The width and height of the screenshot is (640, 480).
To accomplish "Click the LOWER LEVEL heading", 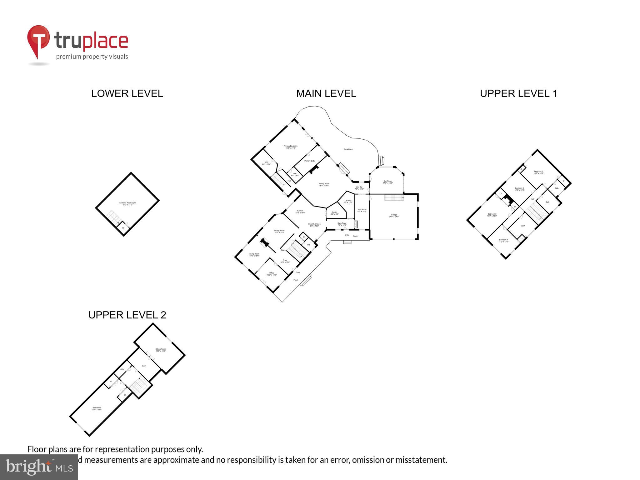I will [127, 93].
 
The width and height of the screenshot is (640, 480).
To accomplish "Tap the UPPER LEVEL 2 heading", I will [127, 315].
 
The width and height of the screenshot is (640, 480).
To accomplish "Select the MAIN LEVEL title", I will [326, 93].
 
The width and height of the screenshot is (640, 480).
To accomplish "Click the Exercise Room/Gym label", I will [127, 203].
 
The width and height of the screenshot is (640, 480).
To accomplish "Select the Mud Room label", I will [362, 210].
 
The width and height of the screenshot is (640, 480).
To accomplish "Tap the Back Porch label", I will [348, 149].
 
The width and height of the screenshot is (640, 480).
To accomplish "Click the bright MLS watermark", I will [39, 467].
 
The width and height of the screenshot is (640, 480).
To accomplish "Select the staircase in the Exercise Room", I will [113, 216].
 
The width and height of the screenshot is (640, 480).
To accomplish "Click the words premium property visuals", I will [92, 57].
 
